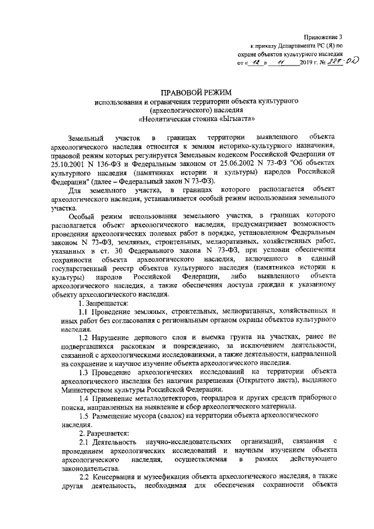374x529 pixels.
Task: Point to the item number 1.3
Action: point(84,372)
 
